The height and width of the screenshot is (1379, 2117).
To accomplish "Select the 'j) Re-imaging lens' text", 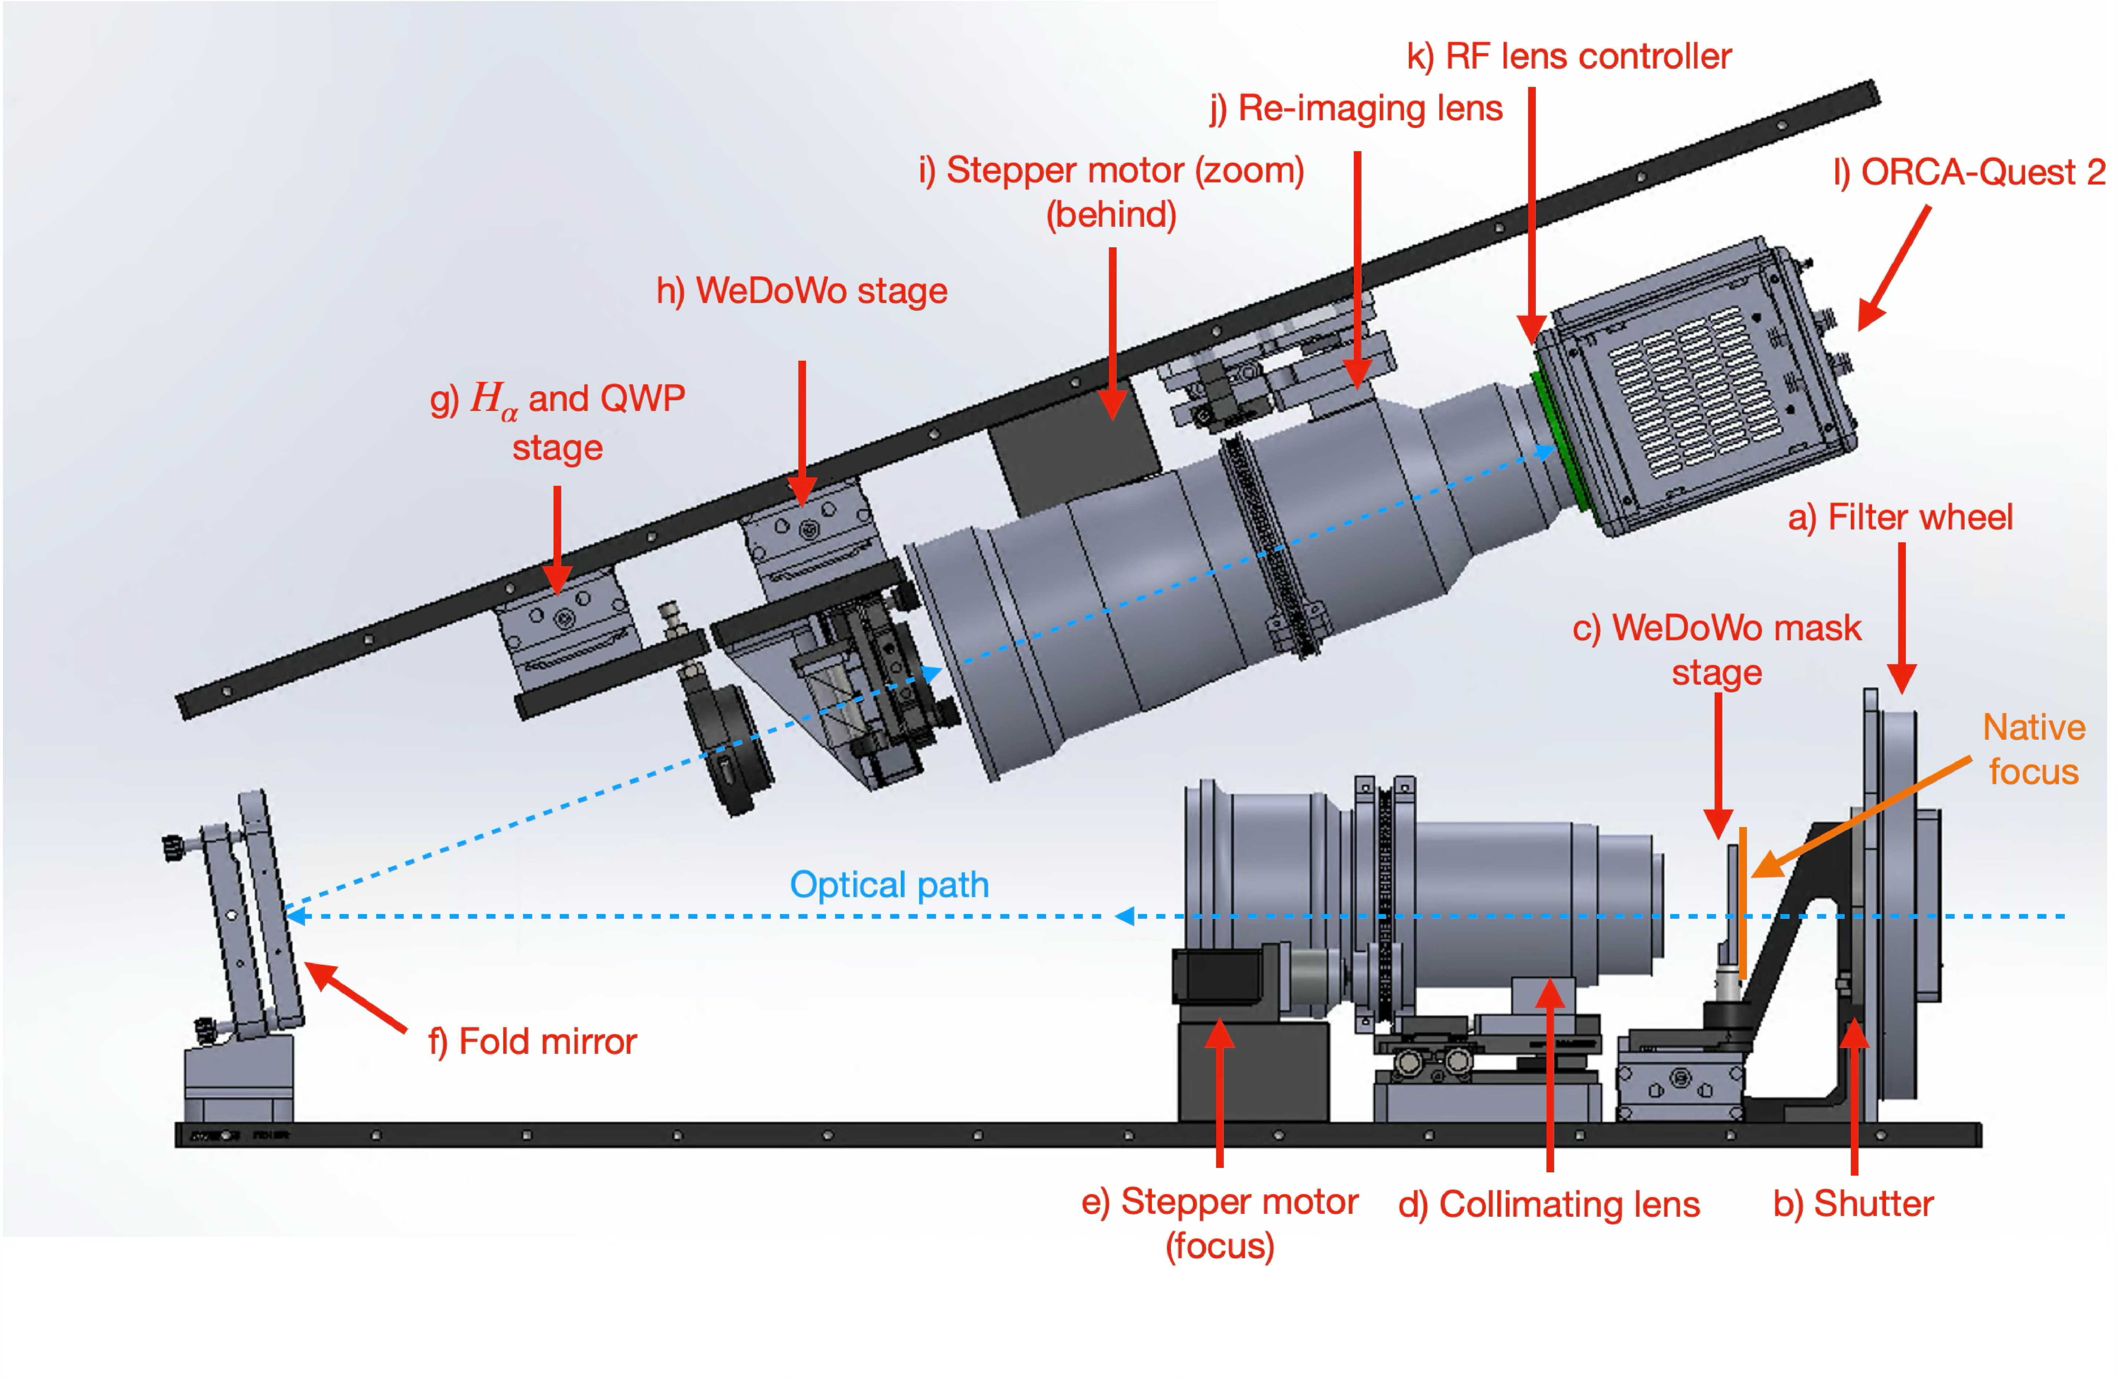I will tap(1356, 109).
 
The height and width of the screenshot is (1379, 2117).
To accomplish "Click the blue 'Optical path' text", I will tap(889, 885).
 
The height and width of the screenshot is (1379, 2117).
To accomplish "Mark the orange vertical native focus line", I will tap(1743, 902).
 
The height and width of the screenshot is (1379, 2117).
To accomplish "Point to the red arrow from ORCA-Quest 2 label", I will tap(1895, 267).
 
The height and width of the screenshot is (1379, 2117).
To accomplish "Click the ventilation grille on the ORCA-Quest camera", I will tap(1694, 391).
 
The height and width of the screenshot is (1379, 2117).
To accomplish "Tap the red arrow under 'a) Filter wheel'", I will tap(1902, 618).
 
